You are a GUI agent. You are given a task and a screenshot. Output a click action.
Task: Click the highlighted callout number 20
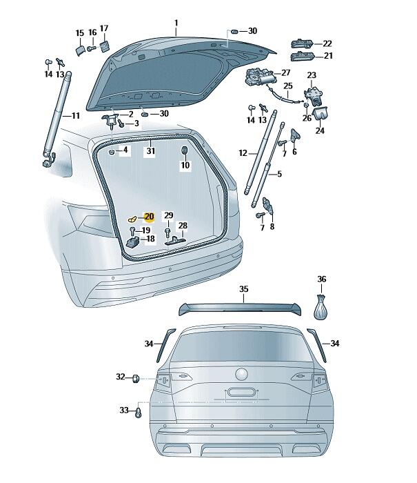[x=149, y=217]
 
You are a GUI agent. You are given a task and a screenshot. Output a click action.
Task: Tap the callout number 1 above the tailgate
[x=176, y=23]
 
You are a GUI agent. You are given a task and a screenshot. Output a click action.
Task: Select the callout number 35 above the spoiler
[x=244, y=289]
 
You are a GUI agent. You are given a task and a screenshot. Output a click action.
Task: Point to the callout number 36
[x=322, y=279]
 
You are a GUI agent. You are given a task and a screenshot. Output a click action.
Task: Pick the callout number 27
[x=286, y=72]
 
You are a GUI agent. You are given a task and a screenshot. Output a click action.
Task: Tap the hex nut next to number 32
[x=136, y=378]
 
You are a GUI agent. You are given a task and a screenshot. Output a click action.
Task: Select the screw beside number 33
[x=138, y=412]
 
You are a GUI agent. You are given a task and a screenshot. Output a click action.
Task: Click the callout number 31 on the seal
[x=150, y=151]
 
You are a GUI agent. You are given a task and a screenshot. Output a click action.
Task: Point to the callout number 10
[x=185, y=165]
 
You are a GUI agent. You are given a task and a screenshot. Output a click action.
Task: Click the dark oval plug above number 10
[x=184, y=150]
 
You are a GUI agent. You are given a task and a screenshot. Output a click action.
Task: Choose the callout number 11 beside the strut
[x=75, y=115]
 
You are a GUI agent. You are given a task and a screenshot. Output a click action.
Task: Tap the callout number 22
[x=327, y=43]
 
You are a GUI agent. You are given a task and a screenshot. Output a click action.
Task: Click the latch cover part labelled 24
[x=320, y=113]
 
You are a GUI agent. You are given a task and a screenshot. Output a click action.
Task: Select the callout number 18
[x=150, y=239]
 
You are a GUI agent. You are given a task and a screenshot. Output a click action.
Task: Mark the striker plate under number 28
[x=176, y=240]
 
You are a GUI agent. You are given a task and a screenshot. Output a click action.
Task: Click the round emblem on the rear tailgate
[x=241, y=374]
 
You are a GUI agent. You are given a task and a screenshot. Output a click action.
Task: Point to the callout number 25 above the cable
[x=288, y=86]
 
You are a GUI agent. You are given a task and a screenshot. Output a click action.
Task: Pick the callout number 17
[x=104, y=28]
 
